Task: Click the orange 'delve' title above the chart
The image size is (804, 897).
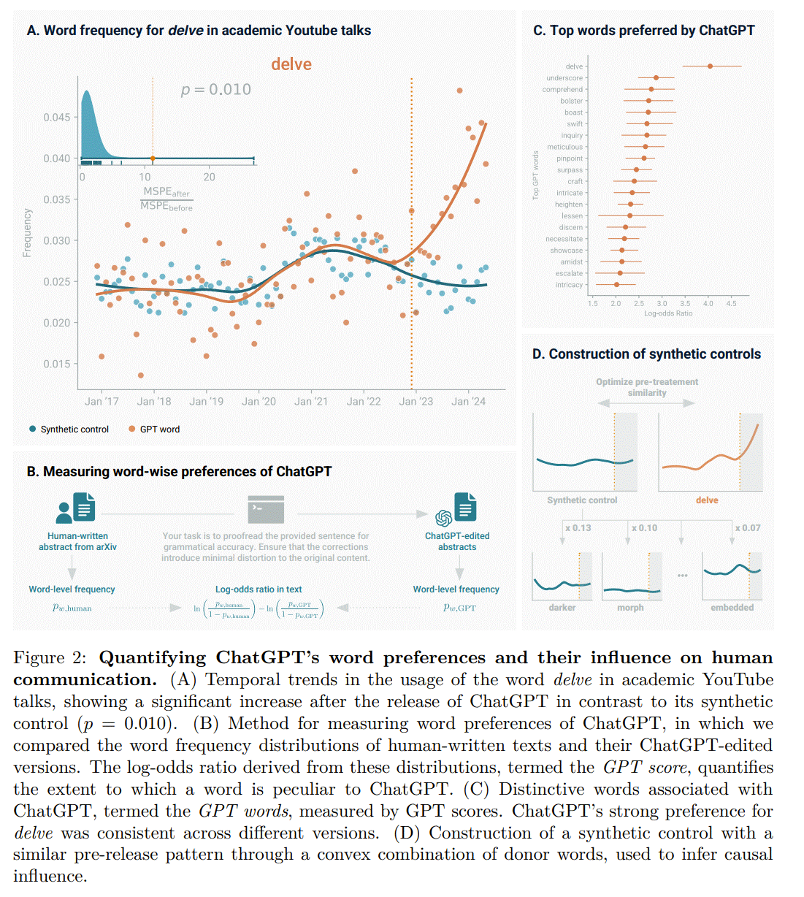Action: (x=291, y=64)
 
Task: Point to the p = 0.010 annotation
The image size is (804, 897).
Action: (x=215, y=89)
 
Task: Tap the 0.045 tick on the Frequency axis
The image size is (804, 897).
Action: (x=56, y=117)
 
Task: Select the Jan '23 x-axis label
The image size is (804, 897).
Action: (x=416, y=401)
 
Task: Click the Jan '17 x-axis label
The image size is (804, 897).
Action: (x=102, y=401)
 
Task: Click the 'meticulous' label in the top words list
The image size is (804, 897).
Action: (x=564, y=147)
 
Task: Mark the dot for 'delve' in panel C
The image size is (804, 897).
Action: (x=710, y=66)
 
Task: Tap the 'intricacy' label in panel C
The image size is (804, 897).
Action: (x=569, y=285)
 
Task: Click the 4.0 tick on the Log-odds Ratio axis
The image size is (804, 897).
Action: (x=708, y=303)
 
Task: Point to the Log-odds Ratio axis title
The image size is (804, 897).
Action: (x=667, y=313)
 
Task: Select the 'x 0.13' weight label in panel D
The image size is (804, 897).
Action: (x=578, y=528)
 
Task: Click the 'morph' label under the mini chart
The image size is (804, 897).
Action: (x=630, y=608)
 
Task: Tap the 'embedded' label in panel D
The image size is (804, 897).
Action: (x=732, y=608)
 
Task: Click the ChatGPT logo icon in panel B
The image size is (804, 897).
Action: (x=443, y=518)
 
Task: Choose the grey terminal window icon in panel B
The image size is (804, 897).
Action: (x=266, y=509)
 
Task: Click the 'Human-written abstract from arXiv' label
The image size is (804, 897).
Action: (x=77, y=541)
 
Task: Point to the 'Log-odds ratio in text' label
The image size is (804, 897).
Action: (x=259, y=589)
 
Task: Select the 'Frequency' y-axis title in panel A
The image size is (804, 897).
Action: (x=27, y=233)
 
